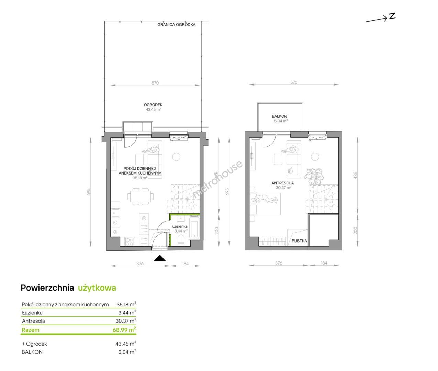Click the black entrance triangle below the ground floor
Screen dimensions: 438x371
click(160, 258)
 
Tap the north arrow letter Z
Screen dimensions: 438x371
click(392, 16)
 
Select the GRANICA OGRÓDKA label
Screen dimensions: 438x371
click(176, 25)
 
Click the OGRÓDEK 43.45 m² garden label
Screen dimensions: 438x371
click(153, 107)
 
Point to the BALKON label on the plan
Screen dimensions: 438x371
click(279, 116)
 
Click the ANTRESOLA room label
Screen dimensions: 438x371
click(282, 183)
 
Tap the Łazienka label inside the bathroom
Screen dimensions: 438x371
click(180, 226)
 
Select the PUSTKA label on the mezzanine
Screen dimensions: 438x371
click(299, 241)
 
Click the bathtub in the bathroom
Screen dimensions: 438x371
click(194, 227)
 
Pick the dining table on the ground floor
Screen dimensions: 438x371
click(141, 196)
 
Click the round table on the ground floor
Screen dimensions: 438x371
click(176, 157)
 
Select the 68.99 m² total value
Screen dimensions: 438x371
click(124, 330)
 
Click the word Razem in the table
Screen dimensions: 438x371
click(31, 330)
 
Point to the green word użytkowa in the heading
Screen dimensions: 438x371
click(97, 288)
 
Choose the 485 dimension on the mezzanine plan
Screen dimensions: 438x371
click(355, 175)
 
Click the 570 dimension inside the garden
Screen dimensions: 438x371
click(155, 83)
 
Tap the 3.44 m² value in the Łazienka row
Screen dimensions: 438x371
click(127, 313)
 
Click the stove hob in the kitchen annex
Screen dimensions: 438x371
click(130, 241)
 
